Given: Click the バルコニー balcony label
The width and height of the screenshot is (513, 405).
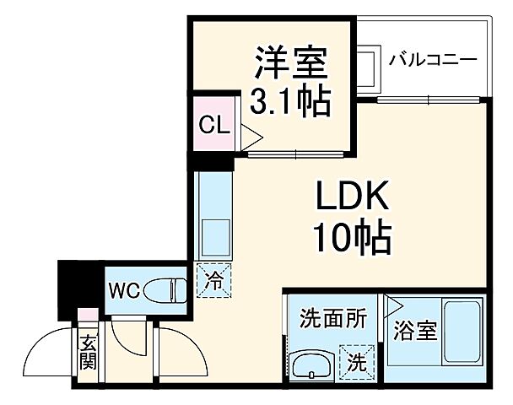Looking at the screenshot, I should tap(434, 61).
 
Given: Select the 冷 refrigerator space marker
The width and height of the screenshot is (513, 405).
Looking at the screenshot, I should tap(215, 278).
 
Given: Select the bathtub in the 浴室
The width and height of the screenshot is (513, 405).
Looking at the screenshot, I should tap(464, 331).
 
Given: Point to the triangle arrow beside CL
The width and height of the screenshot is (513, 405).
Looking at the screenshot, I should tap(252, 134).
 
